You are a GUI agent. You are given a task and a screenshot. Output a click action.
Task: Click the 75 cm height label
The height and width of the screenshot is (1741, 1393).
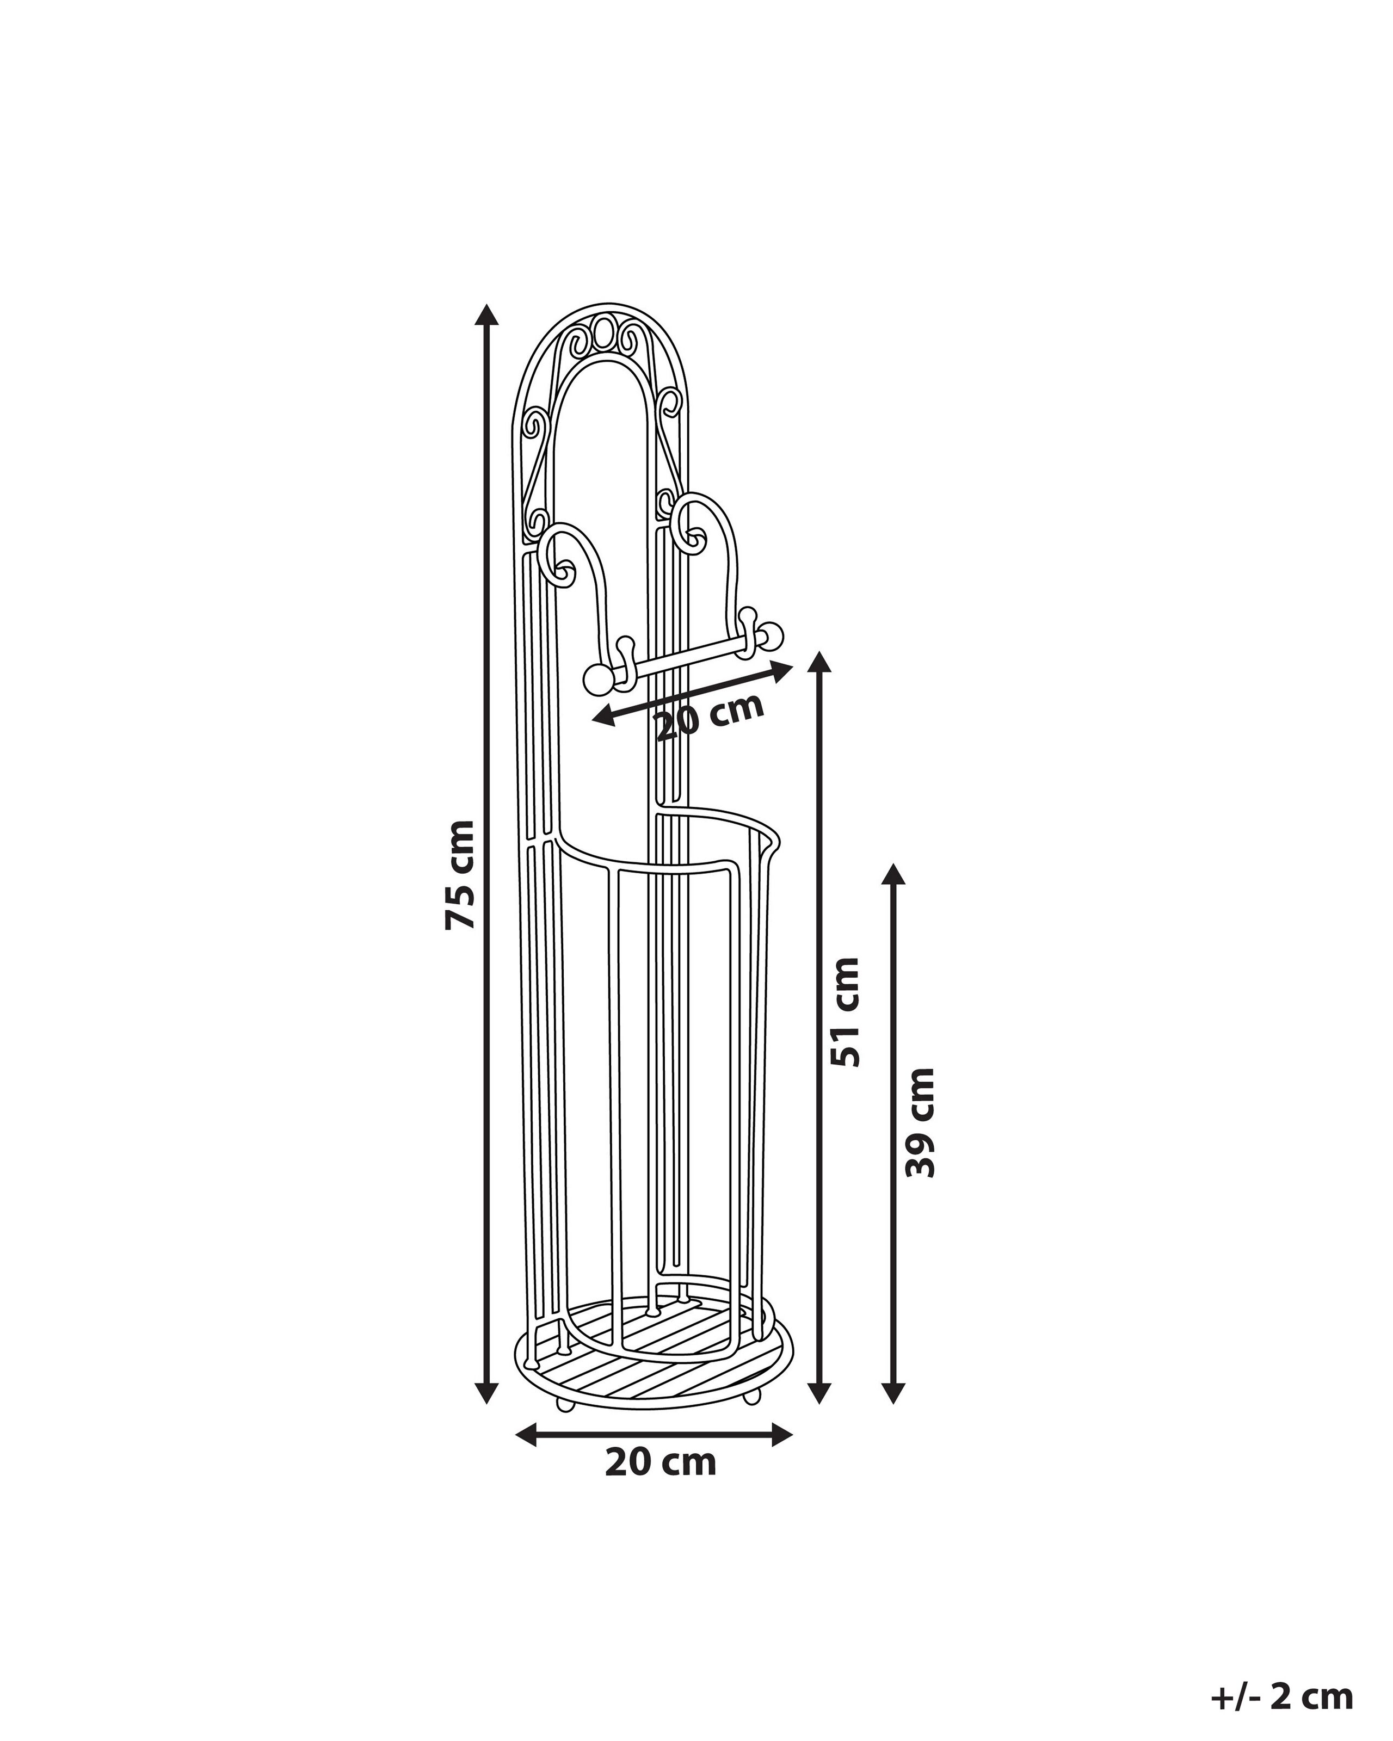pos(460,874)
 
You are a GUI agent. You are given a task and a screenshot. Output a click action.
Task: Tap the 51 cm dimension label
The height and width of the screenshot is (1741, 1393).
pos(846,1012)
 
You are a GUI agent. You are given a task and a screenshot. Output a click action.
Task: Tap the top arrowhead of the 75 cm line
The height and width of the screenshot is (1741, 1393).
pos(485,314)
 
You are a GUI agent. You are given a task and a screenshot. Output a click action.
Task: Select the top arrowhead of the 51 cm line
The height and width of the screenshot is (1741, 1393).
pos(819,662)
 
